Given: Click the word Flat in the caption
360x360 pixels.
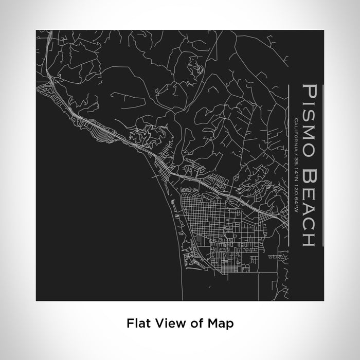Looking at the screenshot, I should [136, 323].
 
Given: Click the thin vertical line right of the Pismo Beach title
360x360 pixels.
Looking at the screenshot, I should [323, 165].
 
